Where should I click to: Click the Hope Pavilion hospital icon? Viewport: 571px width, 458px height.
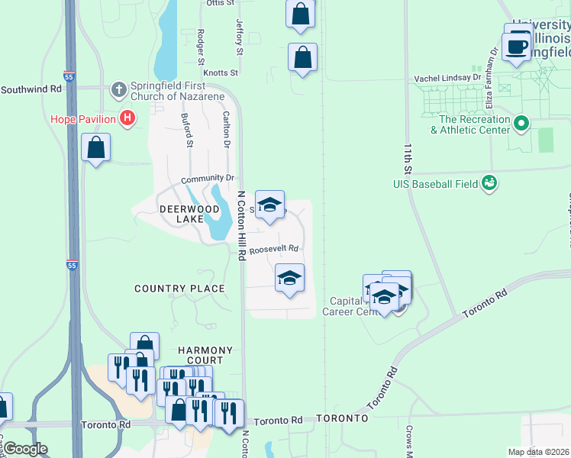128,118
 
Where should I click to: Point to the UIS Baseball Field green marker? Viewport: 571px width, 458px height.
489,183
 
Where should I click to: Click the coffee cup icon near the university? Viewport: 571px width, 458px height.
517,46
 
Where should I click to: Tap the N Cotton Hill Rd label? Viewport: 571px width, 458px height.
241,226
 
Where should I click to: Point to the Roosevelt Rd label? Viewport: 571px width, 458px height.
273,248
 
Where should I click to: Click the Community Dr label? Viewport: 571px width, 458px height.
206,179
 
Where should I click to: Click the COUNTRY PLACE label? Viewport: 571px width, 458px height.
179,289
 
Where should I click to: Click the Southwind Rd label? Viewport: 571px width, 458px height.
31,89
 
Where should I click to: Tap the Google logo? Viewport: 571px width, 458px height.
25,449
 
